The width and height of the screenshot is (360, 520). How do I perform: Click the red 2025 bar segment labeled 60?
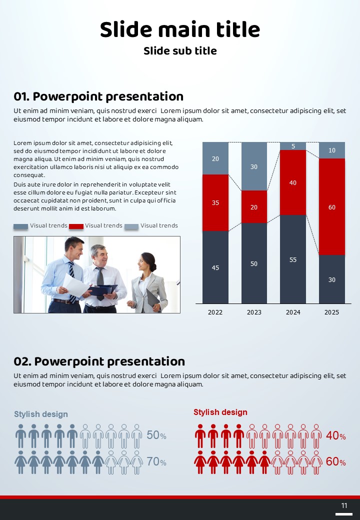332,206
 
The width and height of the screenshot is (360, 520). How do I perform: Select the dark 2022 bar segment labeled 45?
215,267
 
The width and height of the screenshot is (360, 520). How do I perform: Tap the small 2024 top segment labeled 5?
293,146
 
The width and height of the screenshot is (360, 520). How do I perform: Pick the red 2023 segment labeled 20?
254,206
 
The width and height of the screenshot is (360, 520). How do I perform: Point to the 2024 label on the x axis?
293,312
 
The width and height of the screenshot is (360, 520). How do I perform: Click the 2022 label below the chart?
215,312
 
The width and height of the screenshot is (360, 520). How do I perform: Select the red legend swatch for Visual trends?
76,226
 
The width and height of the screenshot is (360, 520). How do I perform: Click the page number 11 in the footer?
344,505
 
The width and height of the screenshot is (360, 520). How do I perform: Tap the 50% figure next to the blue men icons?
156,435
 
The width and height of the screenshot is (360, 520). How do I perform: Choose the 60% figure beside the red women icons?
335,462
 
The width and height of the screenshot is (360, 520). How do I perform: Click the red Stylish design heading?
220,412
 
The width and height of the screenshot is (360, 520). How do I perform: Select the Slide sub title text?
180,51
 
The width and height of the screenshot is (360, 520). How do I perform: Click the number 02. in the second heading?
22,361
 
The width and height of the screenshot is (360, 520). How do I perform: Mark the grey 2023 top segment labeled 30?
254,166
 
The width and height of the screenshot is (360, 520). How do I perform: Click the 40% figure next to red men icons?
335,435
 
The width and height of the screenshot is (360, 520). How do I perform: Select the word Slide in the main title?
125,29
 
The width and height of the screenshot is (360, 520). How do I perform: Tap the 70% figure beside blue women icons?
156,462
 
